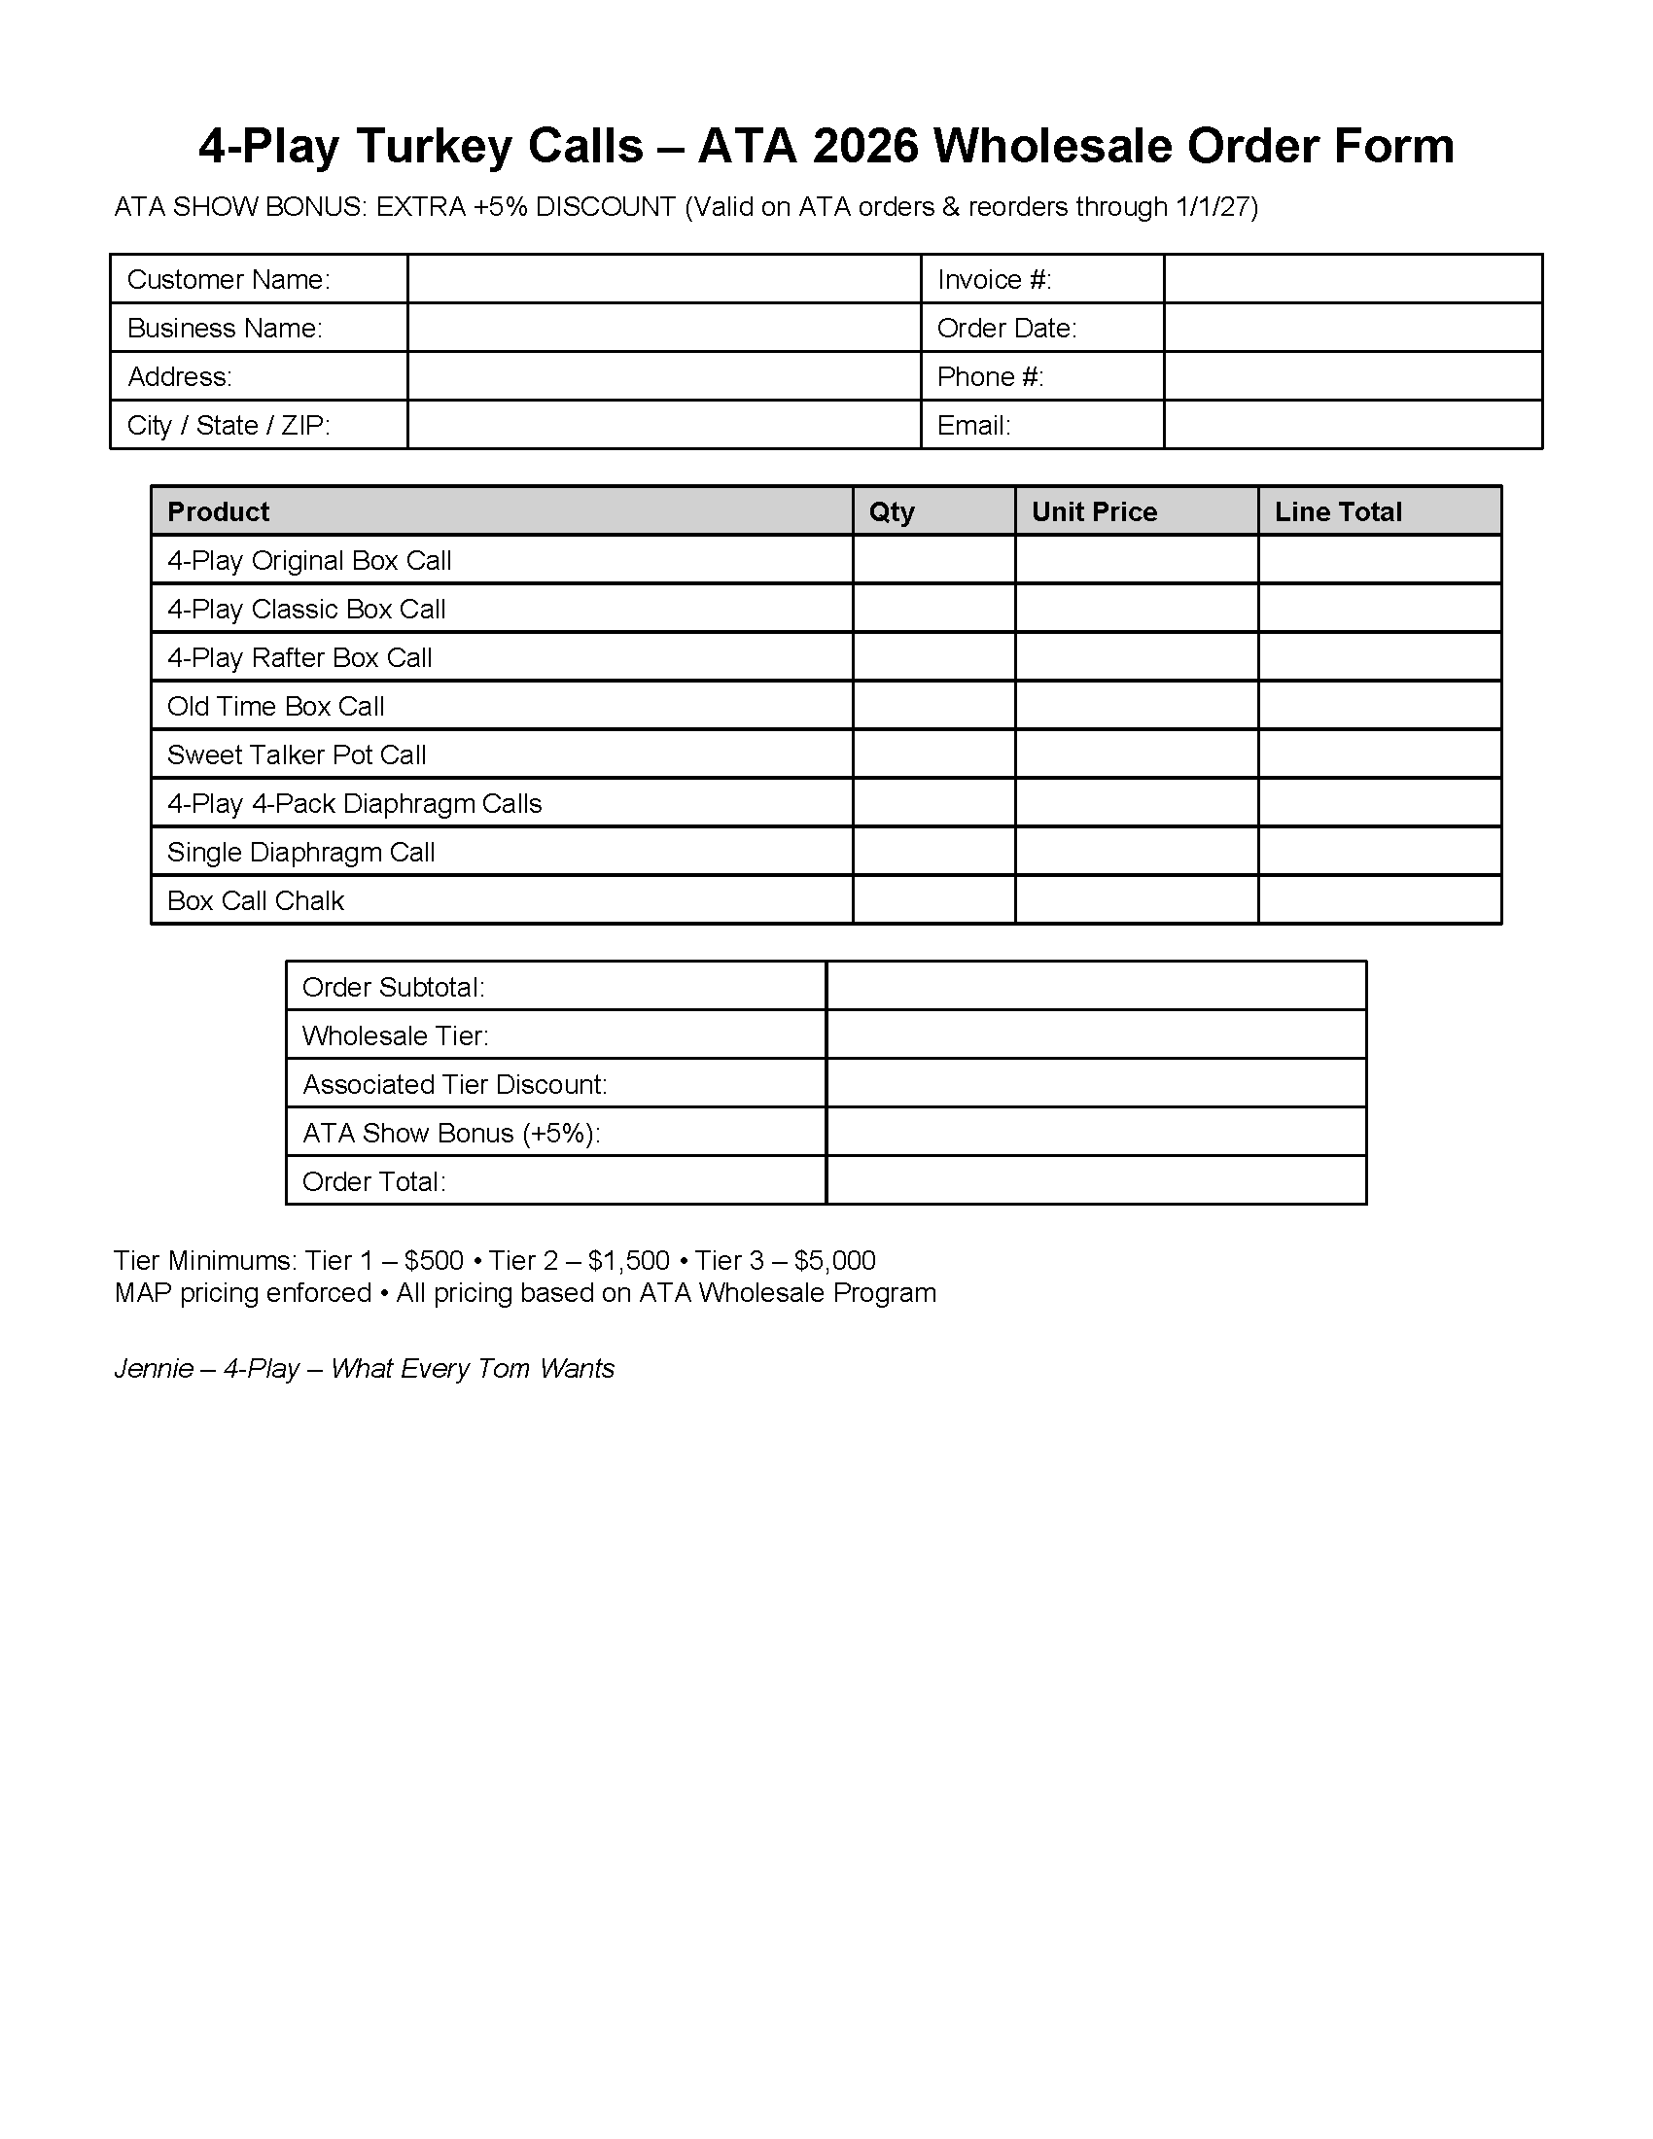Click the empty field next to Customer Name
click(x=664, y=279)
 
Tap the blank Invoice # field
click(x=1353, y=279)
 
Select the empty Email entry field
click(x=1353, y=425)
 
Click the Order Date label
click(x=1005, y=328)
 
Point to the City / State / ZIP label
click(x=229, y=425)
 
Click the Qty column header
click(x=891, y=511)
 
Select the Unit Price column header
click(x=1094, y=511)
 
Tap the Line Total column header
click(x=1338, y=511)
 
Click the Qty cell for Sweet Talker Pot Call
click(x=933, y=754)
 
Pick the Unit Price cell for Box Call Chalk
click(x=1136, y=900)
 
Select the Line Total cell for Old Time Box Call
click(x=1379, y=706)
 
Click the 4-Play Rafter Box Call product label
click(x=299, y=657)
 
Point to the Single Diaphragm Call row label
click(x=300, y=852)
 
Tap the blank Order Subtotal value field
click(x=1096, y=986)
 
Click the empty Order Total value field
click(x=1096, y=1181)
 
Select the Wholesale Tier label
click(x=395, y=1035)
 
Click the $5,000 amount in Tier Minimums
click(x=834, y=1260)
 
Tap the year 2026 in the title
click(x=863, y=146)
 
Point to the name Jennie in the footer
click(x=153, y=1368)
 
